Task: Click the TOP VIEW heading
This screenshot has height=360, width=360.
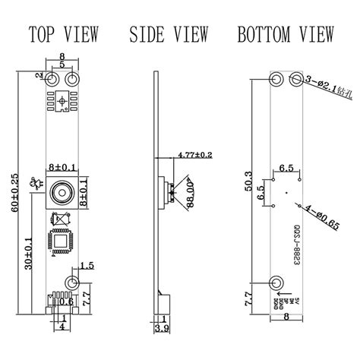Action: (x=62, y=34)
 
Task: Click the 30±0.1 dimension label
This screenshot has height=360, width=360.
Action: (x=29, y=251)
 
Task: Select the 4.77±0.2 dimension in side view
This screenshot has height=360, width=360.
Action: (x=194, y=155)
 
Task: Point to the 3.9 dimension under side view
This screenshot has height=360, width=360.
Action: (x=160, y=328)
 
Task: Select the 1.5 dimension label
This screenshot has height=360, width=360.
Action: (x=86, y=265)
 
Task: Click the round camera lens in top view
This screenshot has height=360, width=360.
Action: (x=61, y=192)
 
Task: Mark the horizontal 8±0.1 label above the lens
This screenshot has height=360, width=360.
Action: (x=62, y=165)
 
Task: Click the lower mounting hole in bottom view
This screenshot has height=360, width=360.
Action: (x=277, y=283)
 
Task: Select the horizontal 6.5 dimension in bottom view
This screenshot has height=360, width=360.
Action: (x=287, y=166)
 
